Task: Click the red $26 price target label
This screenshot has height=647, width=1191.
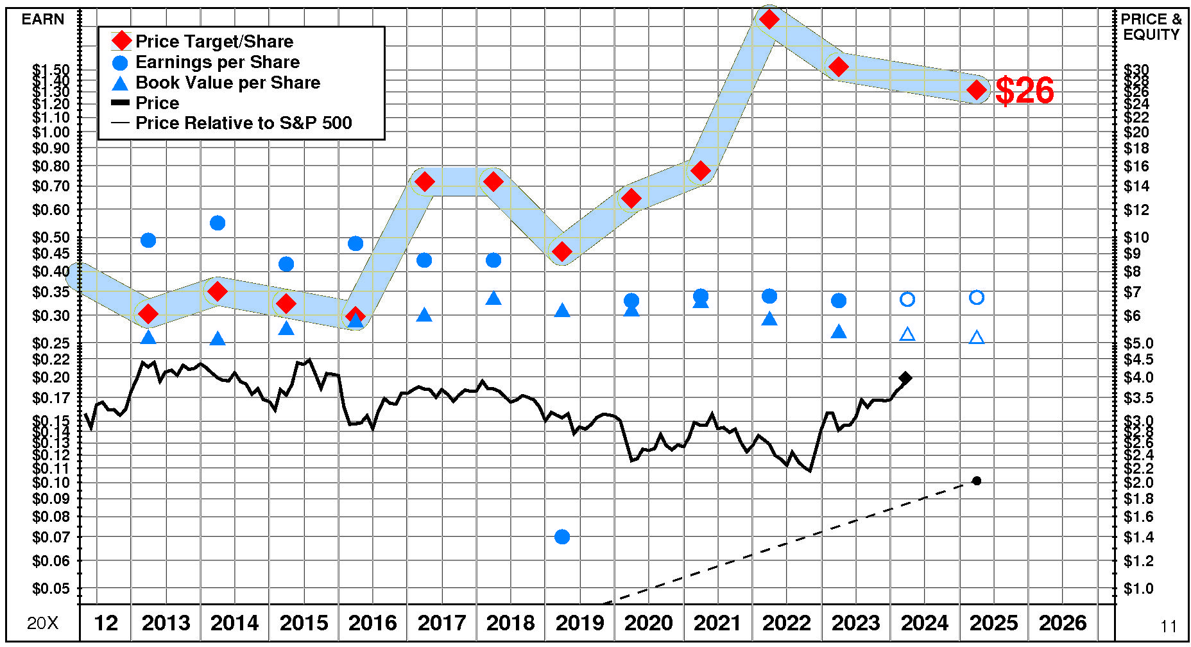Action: tap(1024, 91)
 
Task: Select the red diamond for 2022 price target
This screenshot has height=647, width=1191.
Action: tap(769, 19)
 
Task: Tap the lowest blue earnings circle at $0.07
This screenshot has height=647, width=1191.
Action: tap(562, 537)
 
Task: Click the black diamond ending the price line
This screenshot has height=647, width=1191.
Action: tap(905, 378)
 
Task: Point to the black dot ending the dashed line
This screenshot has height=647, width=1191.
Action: tap(977, 481)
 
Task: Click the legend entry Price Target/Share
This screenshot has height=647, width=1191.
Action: tap(214, 42)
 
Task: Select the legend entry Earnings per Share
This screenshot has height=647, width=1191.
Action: tap(218, 62)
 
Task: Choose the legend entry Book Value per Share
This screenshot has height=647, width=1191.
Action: tap(228, 83)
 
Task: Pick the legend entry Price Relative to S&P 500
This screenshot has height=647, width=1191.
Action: tap(243, 123)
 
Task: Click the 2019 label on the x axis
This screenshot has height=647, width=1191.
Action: tap(579, 623)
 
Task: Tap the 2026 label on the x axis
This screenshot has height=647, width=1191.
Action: tap(1063, 623)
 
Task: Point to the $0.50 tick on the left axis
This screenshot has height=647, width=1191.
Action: tap(51, 237)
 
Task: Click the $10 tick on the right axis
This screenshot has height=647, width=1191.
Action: tap(1136, 237)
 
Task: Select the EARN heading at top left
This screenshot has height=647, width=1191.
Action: tap(43, 19)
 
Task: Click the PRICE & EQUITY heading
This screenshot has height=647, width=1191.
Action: tap(1151, 27)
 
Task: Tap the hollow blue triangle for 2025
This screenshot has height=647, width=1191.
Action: tap(976, 338)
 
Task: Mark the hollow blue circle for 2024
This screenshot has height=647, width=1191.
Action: tap(907, 299)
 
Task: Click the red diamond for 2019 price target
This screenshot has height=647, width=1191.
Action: tap(562, 252)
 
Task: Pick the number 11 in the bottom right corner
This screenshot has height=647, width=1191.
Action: tap(1169, 626)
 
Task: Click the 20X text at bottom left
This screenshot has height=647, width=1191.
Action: tap(42, 623)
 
